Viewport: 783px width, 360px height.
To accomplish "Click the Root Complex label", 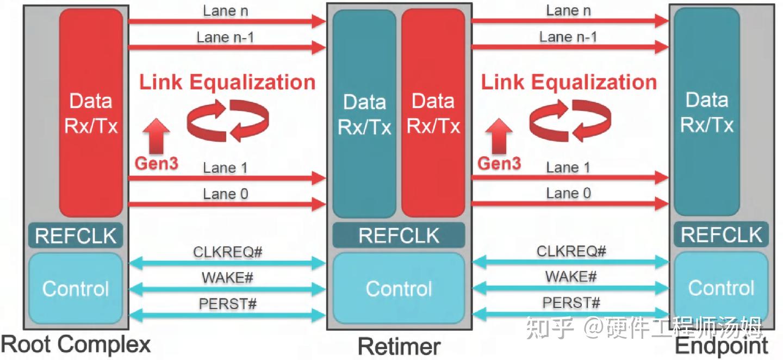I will (76, 344).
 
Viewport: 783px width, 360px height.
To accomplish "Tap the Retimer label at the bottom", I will (399, 346).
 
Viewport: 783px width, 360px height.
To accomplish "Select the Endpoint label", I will (722, 346).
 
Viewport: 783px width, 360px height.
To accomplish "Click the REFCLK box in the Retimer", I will (399, 235).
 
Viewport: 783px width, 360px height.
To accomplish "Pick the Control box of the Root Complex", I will (76, 288).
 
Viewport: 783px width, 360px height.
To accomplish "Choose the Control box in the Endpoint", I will (721, 288).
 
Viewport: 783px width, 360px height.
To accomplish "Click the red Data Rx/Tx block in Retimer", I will (433, 113).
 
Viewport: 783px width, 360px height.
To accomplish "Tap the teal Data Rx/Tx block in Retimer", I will (364, 113).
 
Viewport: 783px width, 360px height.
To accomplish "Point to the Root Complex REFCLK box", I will (76, 236).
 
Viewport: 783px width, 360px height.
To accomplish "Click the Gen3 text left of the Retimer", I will (156, 163).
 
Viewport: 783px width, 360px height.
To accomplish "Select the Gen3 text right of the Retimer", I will (499, 163).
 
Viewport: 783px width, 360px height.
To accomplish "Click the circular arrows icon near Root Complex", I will (228, 120).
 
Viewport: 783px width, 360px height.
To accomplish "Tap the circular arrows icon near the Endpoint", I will (570, 120).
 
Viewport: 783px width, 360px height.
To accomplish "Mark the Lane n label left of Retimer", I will (226, 10).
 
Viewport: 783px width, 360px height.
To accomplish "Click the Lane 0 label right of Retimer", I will (568, 193).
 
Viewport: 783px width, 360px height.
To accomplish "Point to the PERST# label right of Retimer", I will (571, 302).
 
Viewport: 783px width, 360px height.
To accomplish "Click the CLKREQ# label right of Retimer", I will (571, 251).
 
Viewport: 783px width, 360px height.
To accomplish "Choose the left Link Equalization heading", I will (227, 82).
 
